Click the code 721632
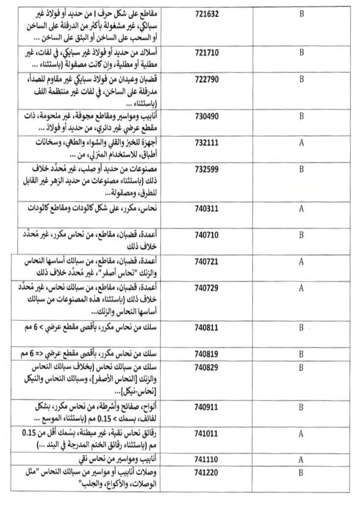coord(207,14)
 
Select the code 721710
coord(207,52)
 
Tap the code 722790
coord(207,79)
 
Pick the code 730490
coord(207,116)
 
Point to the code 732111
coord(207,142)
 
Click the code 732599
coord(207,169)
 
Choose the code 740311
coord(207,208)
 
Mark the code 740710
coord(207,235)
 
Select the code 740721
coord(207,262)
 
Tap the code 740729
coord(207,288)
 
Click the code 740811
coord(207,328)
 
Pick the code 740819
coord(207,354)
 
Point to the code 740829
coord(207,367)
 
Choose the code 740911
coord(207,407)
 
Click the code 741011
coord(207,434)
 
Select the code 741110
coord(207,459)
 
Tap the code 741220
coord(207,472)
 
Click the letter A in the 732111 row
coord(301,143)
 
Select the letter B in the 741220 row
coord(301,473)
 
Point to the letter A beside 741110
coord(301,460)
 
